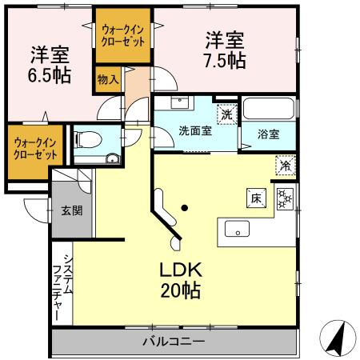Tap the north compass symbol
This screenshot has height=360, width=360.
[338, 339]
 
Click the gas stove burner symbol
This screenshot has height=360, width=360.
[286, 198]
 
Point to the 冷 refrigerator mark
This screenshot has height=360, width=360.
[286, 166]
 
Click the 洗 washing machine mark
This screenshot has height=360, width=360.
[227, 114]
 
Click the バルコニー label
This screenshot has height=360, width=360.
[174, 341]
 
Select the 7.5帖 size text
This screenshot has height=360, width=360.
[225, 60]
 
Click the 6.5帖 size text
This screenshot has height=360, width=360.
[50, 76]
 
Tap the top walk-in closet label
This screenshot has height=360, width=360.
[122, 35]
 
